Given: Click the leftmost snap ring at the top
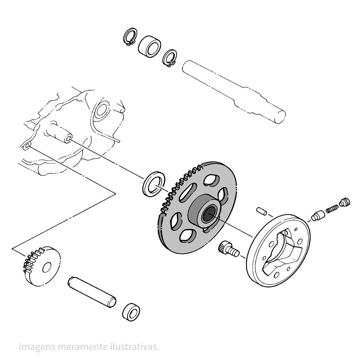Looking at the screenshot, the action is click(127, 35).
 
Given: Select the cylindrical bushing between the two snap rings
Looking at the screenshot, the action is click(150, 46).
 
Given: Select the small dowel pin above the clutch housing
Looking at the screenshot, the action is click(261, 211).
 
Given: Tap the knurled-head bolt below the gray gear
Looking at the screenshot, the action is click(229, 250).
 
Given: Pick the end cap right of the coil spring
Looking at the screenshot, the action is click(344, 202).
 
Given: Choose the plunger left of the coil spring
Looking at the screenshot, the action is click(318, 216).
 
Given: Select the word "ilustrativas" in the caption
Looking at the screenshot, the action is click(135, 340).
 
